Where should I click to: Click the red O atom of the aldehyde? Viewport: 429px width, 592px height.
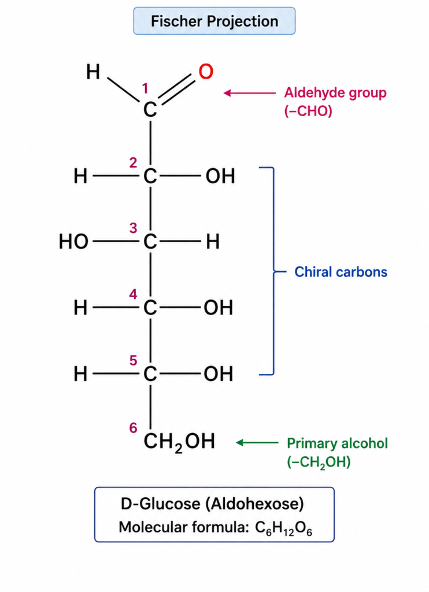[206, 71]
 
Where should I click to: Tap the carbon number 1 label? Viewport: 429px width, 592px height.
[145, 88]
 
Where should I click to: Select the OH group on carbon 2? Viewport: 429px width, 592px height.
[220, 176]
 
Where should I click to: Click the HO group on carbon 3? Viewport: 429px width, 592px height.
[73, 242]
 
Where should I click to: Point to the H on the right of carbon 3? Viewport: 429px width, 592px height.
[213, 242]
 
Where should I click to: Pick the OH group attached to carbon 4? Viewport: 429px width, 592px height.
[219, 308]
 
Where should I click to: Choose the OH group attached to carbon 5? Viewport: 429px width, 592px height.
[219, 374]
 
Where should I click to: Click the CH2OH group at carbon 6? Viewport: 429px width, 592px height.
[179, 442]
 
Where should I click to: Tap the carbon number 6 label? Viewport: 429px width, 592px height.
[133, 428]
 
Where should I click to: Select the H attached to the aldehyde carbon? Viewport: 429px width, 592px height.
[93, 72]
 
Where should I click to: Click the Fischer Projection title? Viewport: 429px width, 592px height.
[214, 21]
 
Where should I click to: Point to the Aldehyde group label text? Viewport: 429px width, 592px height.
[335, 93]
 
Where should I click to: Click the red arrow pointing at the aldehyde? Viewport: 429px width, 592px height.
[250, 93]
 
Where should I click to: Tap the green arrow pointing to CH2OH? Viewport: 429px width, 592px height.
[257, 442]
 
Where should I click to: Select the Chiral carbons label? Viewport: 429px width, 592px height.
[341, 272]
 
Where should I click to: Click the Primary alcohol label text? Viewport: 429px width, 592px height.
[337, 443]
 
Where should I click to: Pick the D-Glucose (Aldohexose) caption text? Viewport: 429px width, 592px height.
[212, 504]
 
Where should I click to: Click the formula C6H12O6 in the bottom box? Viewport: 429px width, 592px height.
[284, 528]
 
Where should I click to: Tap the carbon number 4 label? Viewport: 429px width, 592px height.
[133, 294]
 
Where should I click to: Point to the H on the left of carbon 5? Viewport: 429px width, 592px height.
[80, 374]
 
